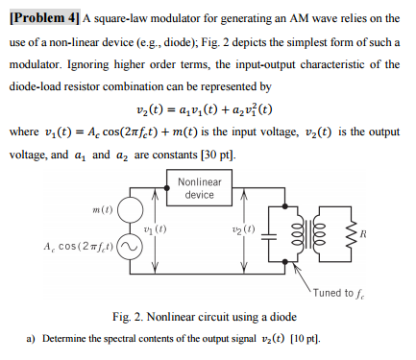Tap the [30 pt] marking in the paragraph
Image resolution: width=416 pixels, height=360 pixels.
click(215, 153)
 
